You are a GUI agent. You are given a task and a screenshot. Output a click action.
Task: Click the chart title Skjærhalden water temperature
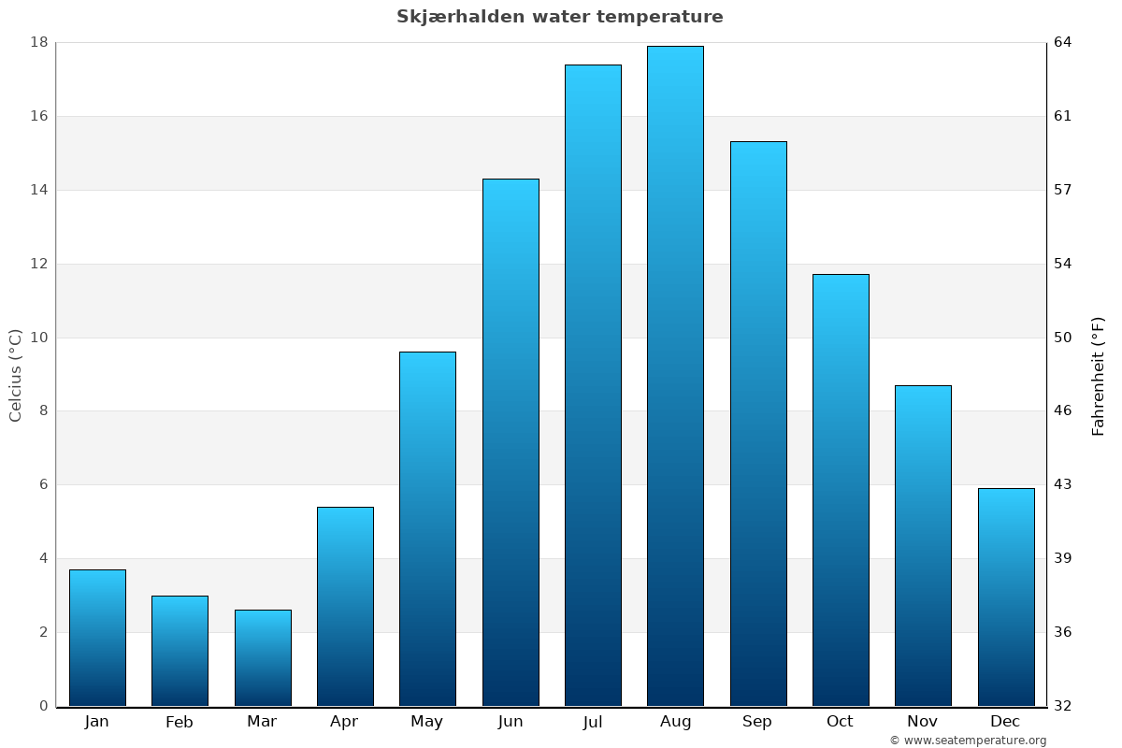point(559,17)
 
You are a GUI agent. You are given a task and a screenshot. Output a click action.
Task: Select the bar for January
point(97,638)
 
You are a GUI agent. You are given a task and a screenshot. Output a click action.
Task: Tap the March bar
point(263,657)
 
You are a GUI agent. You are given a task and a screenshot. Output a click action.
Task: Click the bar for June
point(511,442)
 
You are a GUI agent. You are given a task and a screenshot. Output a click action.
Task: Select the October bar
point(841,490)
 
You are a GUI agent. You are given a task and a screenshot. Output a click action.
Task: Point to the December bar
point(1006,597)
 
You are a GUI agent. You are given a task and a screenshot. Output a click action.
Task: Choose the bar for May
point(427,528)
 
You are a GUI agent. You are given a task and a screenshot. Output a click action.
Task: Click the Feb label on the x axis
point(179,722)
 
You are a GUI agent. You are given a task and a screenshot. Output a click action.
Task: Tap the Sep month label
point(757,722)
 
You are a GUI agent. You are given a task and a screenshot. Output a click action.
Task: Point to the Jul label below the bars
point(593,722)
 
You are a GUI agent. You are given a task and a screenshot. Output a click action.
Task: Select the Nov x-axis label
point(922,722)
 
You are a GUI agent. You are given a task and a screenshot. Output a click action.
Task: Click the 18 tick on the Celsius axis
point(39,42)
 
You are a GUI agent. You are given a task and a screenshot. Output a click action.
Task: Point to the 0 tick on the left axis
point(43,706)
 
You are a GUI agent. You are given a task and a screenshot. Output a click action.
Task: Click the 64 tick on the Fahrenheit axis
point(1063,42)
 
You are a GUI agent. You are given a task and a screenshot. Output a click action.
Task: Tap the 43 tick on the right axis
point(1063,484)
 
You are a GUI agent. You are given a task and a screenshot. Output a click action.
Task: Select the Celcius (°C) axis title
point(16,375)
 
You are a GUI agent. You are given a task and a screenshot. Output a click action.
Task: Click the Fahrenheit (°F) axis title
point(1099,375)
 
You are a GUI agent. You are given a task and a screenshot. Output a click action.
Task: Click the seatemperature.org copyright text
point(968,741)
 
